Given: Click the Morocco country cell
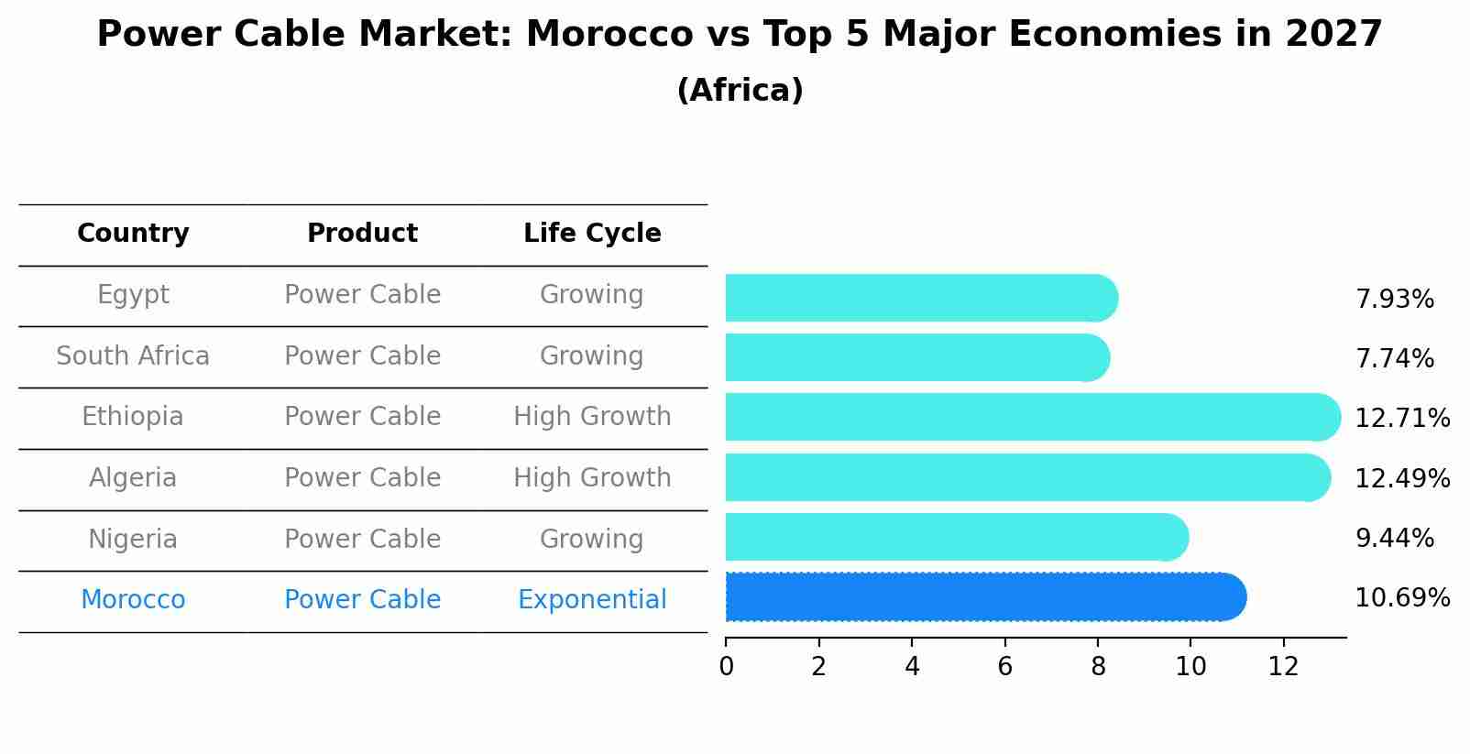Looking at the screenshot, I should coord(133,600).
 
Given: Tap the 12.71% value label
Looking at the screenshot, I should coord(1401,419).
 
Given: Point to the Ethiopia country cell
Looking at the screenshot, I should coord(133,417).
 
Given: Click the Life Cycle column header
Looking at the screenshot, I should coord(592,234).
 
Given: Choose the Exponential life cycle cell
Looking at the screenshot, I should coord(592,600).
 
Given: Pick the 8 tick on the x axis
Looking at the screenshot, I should coord(1098,666).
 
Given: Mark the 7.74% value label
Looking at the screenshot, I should coord(1394,358).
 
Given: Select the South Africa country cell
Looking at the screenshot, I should coord(133,355).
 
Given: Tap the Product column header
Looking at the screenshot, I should coord(362,234).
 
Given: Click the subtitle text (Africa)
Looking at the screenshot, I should coord(740,90).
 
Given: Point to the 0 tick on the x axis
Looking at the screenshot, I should coord(726,666).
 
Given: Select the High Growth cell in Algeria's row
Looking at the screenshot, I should coord(592,478).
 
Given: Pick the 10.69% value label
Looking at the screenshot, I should coord(1401,598).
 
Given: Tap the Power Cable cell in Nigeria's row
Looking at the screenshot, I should coord(362,539).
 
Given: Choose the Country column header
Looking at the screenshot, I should coord(133,234).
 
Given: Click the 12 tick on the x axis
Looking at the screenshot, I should coord(1283,666).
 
